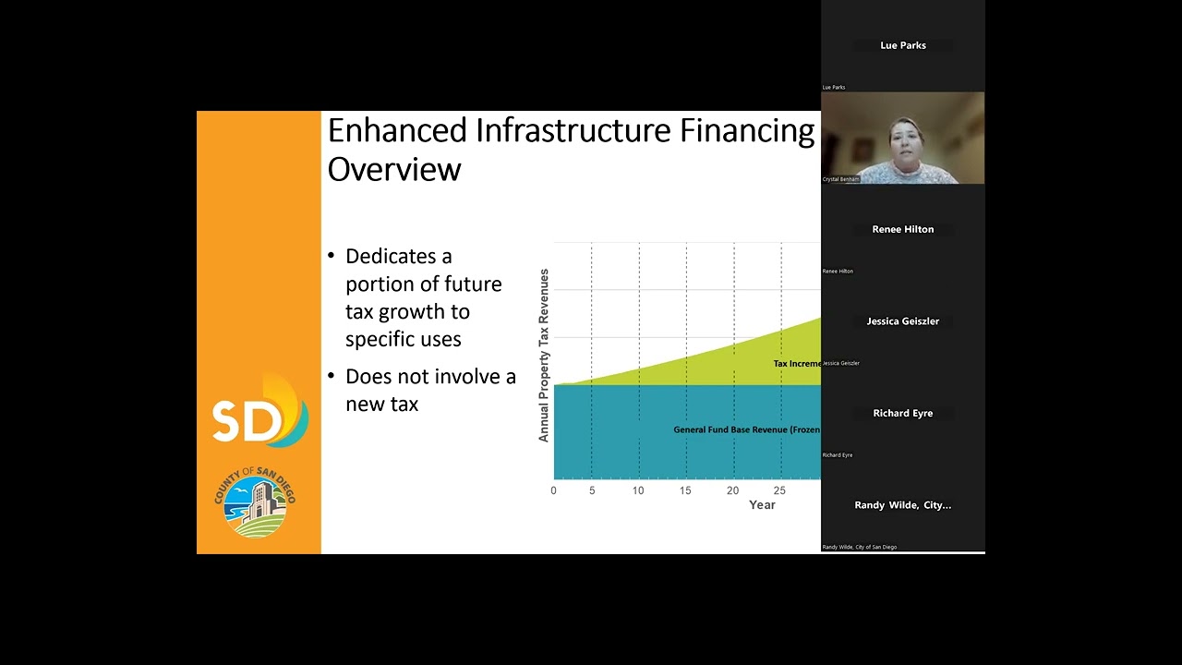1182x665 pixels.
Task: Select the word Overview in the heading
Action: (x=393, y=170)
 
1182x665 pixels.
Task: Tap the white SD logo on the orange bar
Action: (x=247, y=419)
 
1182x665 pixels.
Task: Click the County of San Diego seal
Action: (x=256, y=502)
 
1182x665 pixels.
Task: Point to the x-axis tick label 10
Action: (x=638, y=490)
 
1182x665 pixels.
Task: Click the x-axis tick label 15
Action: (x=685, y=490)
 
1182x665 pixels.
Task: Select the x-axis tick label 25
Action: (x=779, y=490)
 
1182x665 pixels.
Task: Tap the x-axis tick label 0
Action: (x=553, y=490)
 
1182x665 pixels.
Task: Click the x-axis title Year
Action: (x=762, y=505)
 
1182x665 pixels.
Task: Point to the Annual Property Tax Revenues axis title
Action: (x=544, y=355)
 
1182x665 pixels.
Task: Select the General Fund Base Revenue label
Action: (x=746, y=429)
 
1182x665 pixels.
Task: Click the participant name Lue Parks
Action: (x=902, y=45)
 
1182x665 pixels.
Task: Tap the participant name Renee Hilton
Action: (x=902, y=229)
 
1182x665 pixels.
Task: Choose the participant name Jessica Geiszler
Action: (x=902, y=321)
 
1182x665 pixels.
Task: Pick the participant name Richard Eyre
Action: (x=902, y=413)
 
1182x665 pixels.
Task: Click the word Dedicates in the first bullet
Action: (x=398, y=256)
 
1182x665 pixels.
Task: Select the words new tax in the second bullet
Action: (x=381, y=405)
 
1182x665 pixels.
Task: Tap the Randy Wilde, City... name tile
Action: (x=902, y=505)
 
